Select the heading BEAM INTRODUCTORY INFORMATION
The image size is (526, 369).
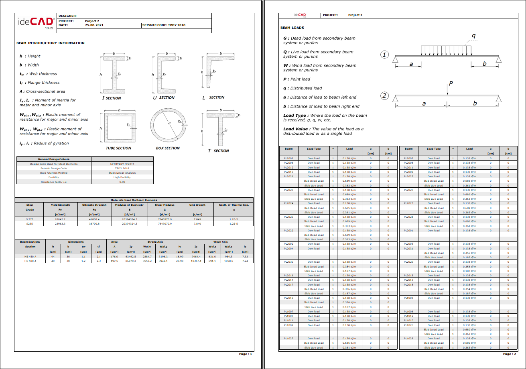[x=51, y=43]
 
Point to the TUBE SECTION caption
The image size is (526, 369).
[x=118, y=148]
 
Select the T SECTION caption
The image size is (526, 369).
[x=218, y=151]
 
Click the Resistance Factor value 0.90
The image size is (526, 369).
[x=122, y=182]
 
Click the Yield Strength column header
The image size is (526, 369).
[x=60, y=205]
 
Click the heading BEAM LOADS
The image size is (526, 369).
[x=292, y=28]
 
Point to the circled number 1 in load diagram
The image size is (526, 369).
[x=384, y=55]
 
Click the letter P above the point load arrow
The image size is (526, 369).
[x=451, y=84]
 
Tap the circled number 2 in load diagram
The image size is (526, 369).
[x=384, y=96]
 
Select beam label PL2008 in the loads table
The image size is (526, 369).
[x=288, y=158]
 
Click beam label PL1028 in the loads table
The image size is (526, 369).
[x=408, y=339]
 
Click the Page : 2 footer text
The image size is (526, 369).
[x=509, y=354]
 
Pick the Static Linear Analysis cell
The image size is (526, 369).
[x=122, y=173]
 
